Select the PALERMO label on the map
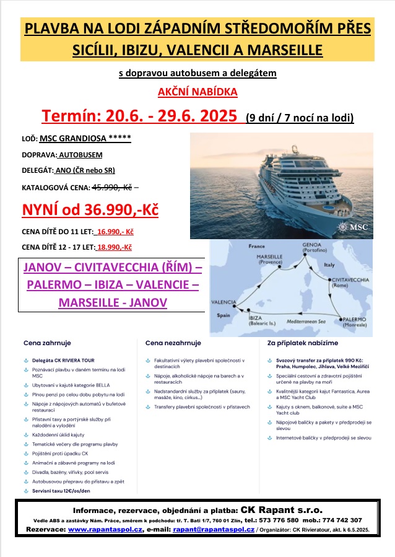(x=354, y=320)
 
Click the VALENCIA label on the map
(x=224, y=302)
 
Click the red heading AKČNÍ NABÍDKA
(x=197, y=92)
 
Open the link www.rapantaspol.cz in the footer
(x=105, y=530)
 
